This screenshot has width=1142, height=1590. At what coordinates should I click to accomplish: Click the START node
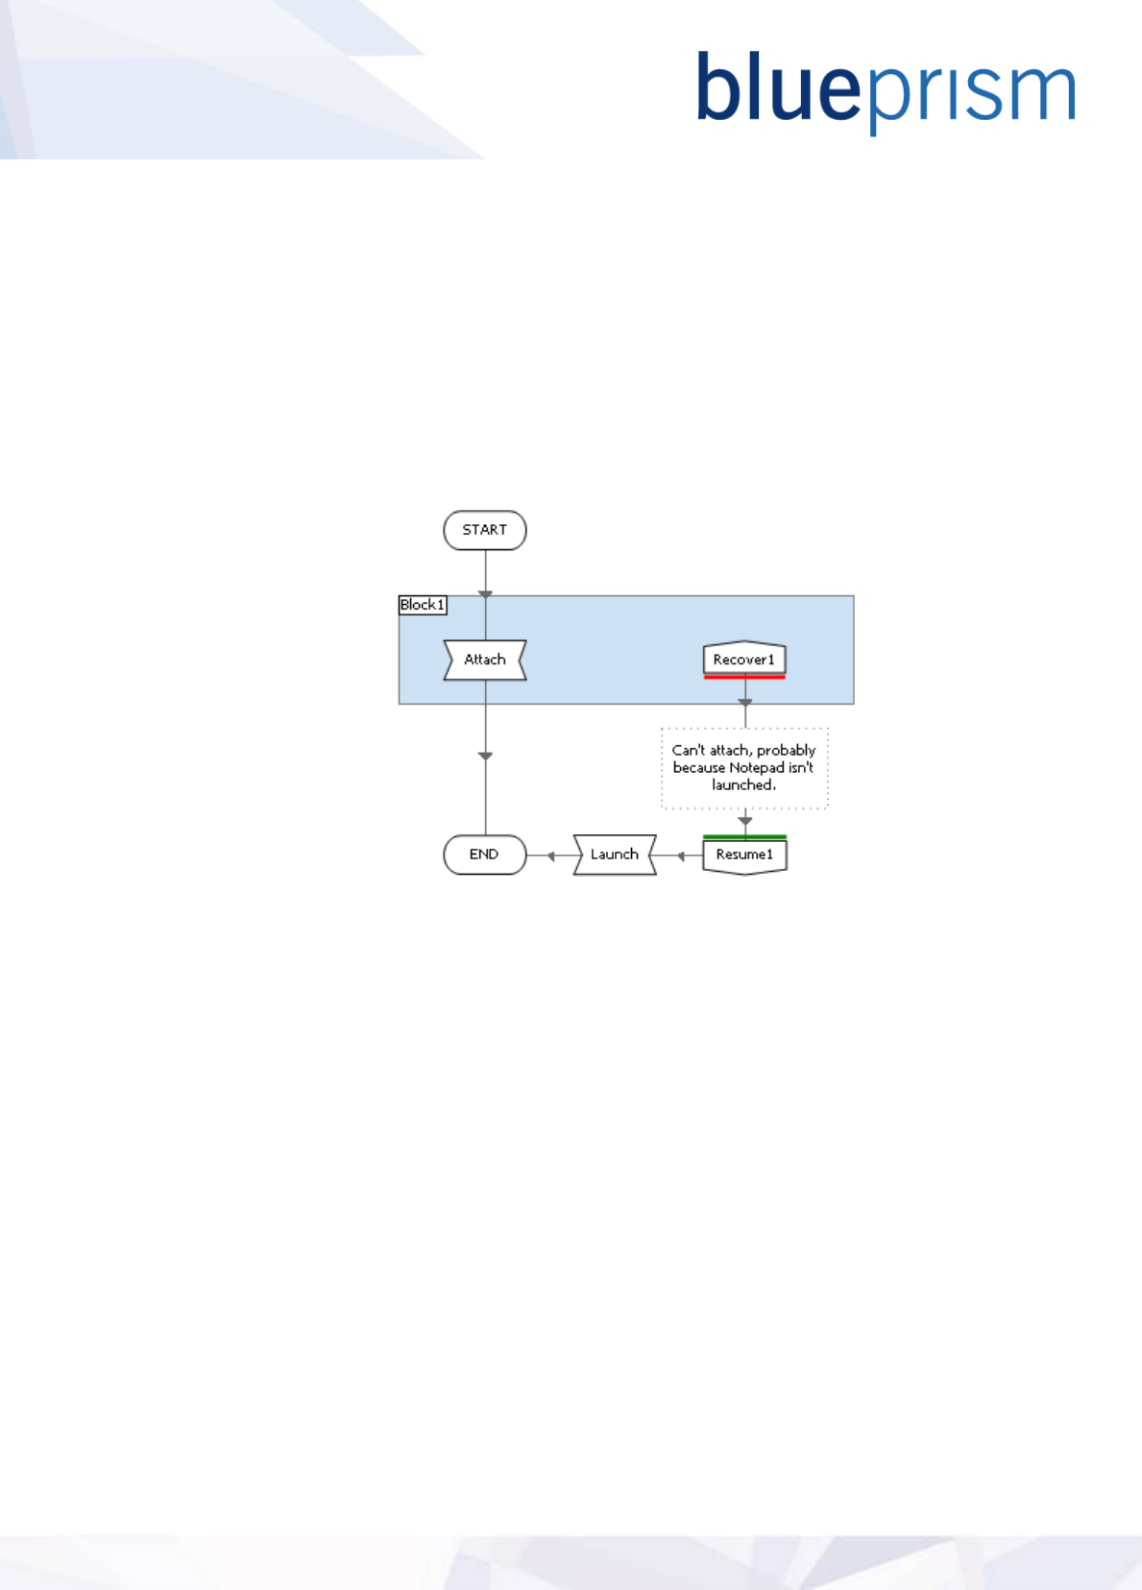tap(485, 530)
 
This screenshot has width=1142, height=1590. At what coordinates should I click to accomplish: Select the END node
tap(485, 855)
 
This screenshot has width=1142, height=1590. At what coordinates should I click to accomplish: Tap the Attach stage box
tap(485, 660)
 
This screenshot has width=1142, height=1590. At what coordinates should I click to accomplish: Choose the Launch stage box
tap(615, 855)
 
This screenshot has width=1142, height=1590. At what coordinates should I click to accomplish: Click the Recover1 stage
tap(744, 659)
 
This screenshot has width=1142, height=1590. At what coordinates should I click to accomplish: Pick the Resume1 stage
tap(744, 855)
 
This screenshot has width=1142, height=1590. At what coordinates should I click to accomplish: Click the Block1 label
tap(423, 605)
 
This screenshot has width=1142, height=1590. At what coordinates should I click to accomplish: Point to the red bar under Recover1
tap(744, 677)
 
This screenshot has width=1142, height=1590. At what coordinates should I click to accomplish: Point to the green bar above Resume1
tap(744, 836)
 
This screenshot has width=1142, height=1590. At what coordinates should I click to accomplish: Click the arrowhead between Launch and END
tap(551, 855)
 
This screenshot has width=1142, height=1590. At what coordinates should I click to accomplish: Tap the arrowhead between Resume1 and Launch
tap(681, 855)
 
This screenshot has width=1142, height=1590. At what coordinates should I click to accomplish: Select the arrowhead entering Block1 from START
tap(486, 594)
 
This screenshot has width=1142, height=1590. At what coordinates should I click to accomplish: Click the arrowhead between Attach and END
tap(486, 757)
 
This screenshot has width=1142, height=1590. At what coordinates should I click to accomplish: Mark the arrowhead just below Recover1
tap(745, 703)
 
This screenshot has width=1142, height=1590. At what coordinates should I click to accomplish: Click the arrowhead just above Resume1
tap(745, 821)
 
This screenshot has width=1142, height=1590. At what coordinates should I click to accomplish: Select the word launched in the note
tap(742, 785)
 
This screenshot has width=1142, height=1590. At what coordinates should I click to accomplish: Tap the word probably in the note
tap(786, 751)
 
